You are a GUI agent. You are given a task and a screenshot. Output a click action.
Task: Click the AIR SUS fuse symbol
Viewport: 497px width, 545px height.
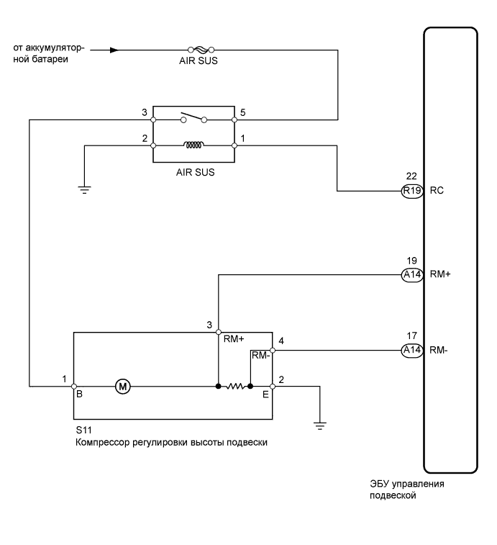(201, 50)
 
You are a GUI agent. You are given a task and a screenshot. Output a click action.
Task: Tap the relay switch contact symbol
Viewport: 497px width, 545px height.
(193, 117)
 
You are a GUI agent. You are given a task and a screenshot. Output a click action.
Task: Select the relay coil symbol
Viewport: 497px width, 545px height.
(193, 145)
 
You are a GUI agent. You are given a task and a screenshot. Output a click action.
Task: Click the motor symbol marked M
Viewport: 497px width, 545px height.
(122, 386)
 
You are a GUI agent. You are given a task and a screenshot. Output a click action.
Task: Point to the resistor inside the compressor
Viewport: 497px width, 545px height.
(234, 386)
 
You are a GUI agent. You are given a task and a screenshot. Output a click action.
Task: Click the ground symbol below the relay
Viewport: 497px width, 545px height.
(84, 190)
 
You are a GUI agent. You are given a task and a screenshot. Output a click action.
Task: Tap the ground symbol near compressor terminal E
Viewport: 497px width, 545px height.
(320, 426)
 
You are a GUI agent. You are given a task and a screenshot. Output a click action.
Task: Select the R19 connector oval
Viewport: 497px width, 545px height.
(412, 191)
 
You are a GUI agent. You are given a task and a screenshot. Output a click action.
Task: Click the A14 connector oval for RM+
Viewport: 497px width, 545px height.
(412, 275)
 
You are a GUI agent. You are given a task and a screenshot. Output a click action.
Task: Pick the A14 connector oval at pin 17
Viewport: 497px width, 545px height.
(412, 350)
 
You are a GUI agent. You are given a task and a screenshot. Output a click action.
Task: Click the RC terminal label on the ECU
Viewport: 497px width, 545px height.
(437, 191)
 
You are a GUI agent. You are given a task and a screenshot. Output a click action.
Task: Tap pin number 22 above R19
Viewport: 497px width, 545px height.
(411, 176)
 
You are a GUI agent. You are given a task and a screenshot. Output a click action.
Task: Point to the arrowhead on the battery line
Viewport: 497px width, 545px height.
(114, 50)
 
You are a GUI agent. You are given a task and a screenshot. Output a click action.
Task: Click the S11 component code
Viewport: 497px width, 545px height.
(83, 430)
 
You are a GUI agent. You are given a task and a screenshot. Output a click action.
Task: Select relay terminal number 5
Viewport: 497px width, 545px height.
(243, 112)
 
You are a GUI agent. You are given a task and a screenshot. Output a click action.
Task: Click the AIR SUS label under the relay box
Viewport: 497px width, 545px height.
(195, 172)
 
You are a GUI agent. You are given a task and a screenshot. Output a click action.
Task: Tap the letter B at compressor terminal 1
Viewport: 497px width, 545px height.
(79, 394)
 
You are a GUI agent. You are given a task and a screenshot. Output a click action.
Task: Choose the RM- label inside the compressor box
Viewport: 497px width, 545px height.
(260, 355)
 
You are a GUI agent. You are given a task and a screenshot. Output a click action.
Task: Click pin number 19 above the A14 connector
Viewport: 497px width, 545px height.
(411, 261)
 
